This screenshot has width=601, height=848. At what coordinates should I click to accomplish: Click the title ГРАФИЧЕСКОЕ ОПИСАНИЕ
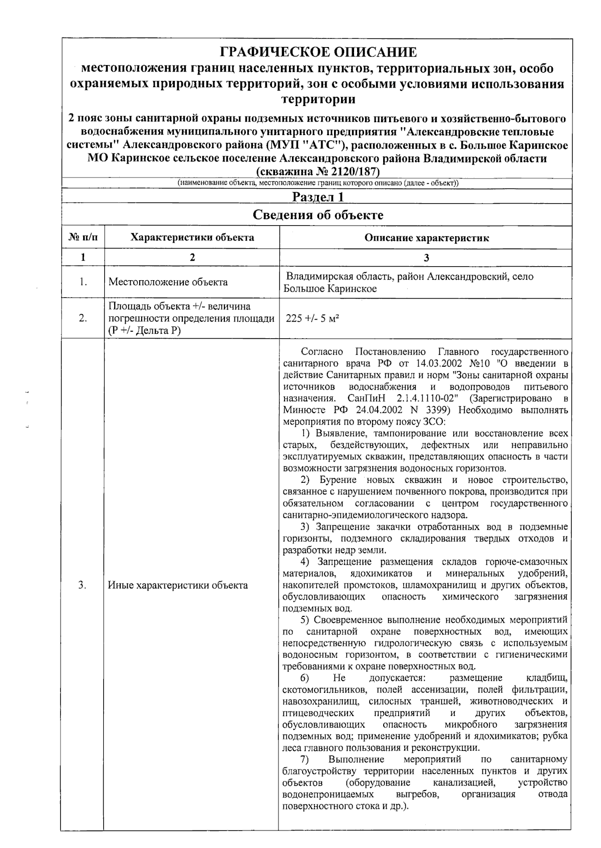click(x=319, y=52)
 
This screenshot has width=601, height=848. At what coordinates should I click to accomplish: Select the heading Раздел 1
click(x=318, y=197)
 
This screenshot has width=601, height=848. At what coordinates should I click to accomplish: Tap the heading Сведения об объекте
click(x=318, y=215)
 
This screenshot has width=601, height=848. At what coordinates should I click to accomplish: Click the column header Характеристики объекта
click(x=192, y=238)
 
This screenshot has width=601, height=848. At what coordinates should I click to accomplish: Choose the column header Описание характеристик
click(x=426, y=238)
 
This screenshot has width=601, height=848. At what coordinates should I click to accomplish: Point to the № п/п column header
click(x=83, y=238)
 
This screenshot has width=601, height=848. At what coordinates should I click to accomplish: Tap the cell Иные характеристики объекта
click(x=178, y=585)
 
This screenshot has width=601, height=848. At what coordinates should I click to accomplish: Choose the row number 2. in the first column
click(x=83, y=318)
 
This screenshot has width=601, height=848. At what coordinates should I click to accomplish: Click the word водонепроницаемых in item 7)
click(x=328, y=794)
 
